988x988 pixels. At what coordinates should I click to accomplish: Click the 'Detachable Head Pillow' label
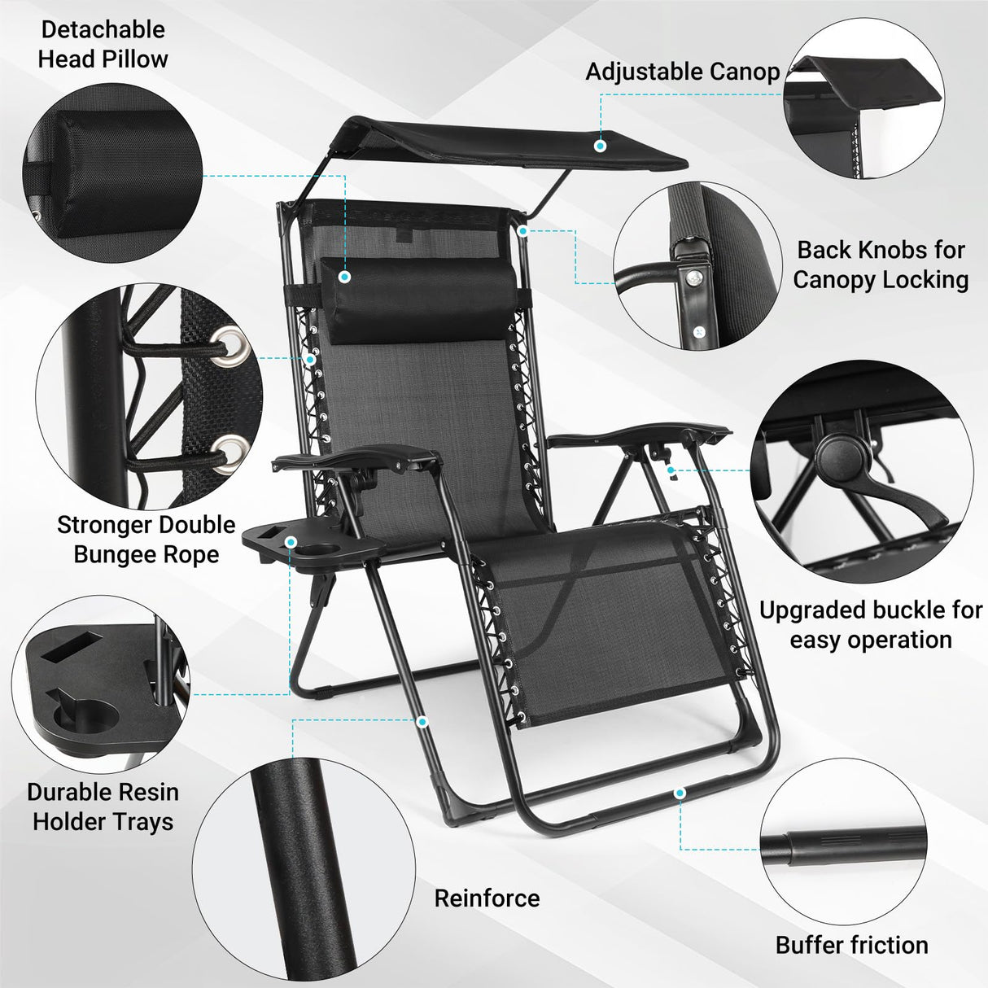tap(103, 44)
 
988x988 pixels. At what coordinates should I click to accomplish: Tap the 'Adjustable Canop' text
tap(682, 72)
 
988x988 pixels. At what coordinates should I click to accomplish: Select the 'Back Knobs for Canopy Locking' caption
tap(881, 264)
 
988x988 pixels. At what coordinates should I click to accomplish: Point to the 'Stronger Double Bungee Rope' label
tap(146, 540)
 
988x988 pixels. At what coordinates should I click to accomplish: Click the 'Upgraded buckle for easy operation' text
tap(870, 625)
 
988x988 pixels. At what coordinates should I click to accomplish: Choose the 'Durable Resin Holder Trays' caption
tap(103, 807)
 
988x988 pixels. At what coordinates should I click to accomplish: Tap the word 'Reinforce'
tap(487, 898)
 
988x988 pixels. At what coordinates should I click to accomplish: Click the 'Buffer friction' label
tap(851, 945)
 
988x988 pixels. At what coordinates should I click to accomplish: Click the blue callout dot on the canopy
tap(601, 146)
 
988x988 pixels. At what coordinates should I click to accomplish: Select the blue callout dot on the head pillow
tap(345, 277)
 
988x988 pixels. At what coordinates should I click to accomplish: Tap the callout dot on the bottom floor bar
tap(680, 792)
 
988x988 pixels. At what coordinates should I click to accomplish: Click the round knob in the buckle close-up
tap(835, 452)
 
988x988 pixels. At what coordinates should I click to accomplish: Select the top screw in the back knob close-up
tap(693, 278)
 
